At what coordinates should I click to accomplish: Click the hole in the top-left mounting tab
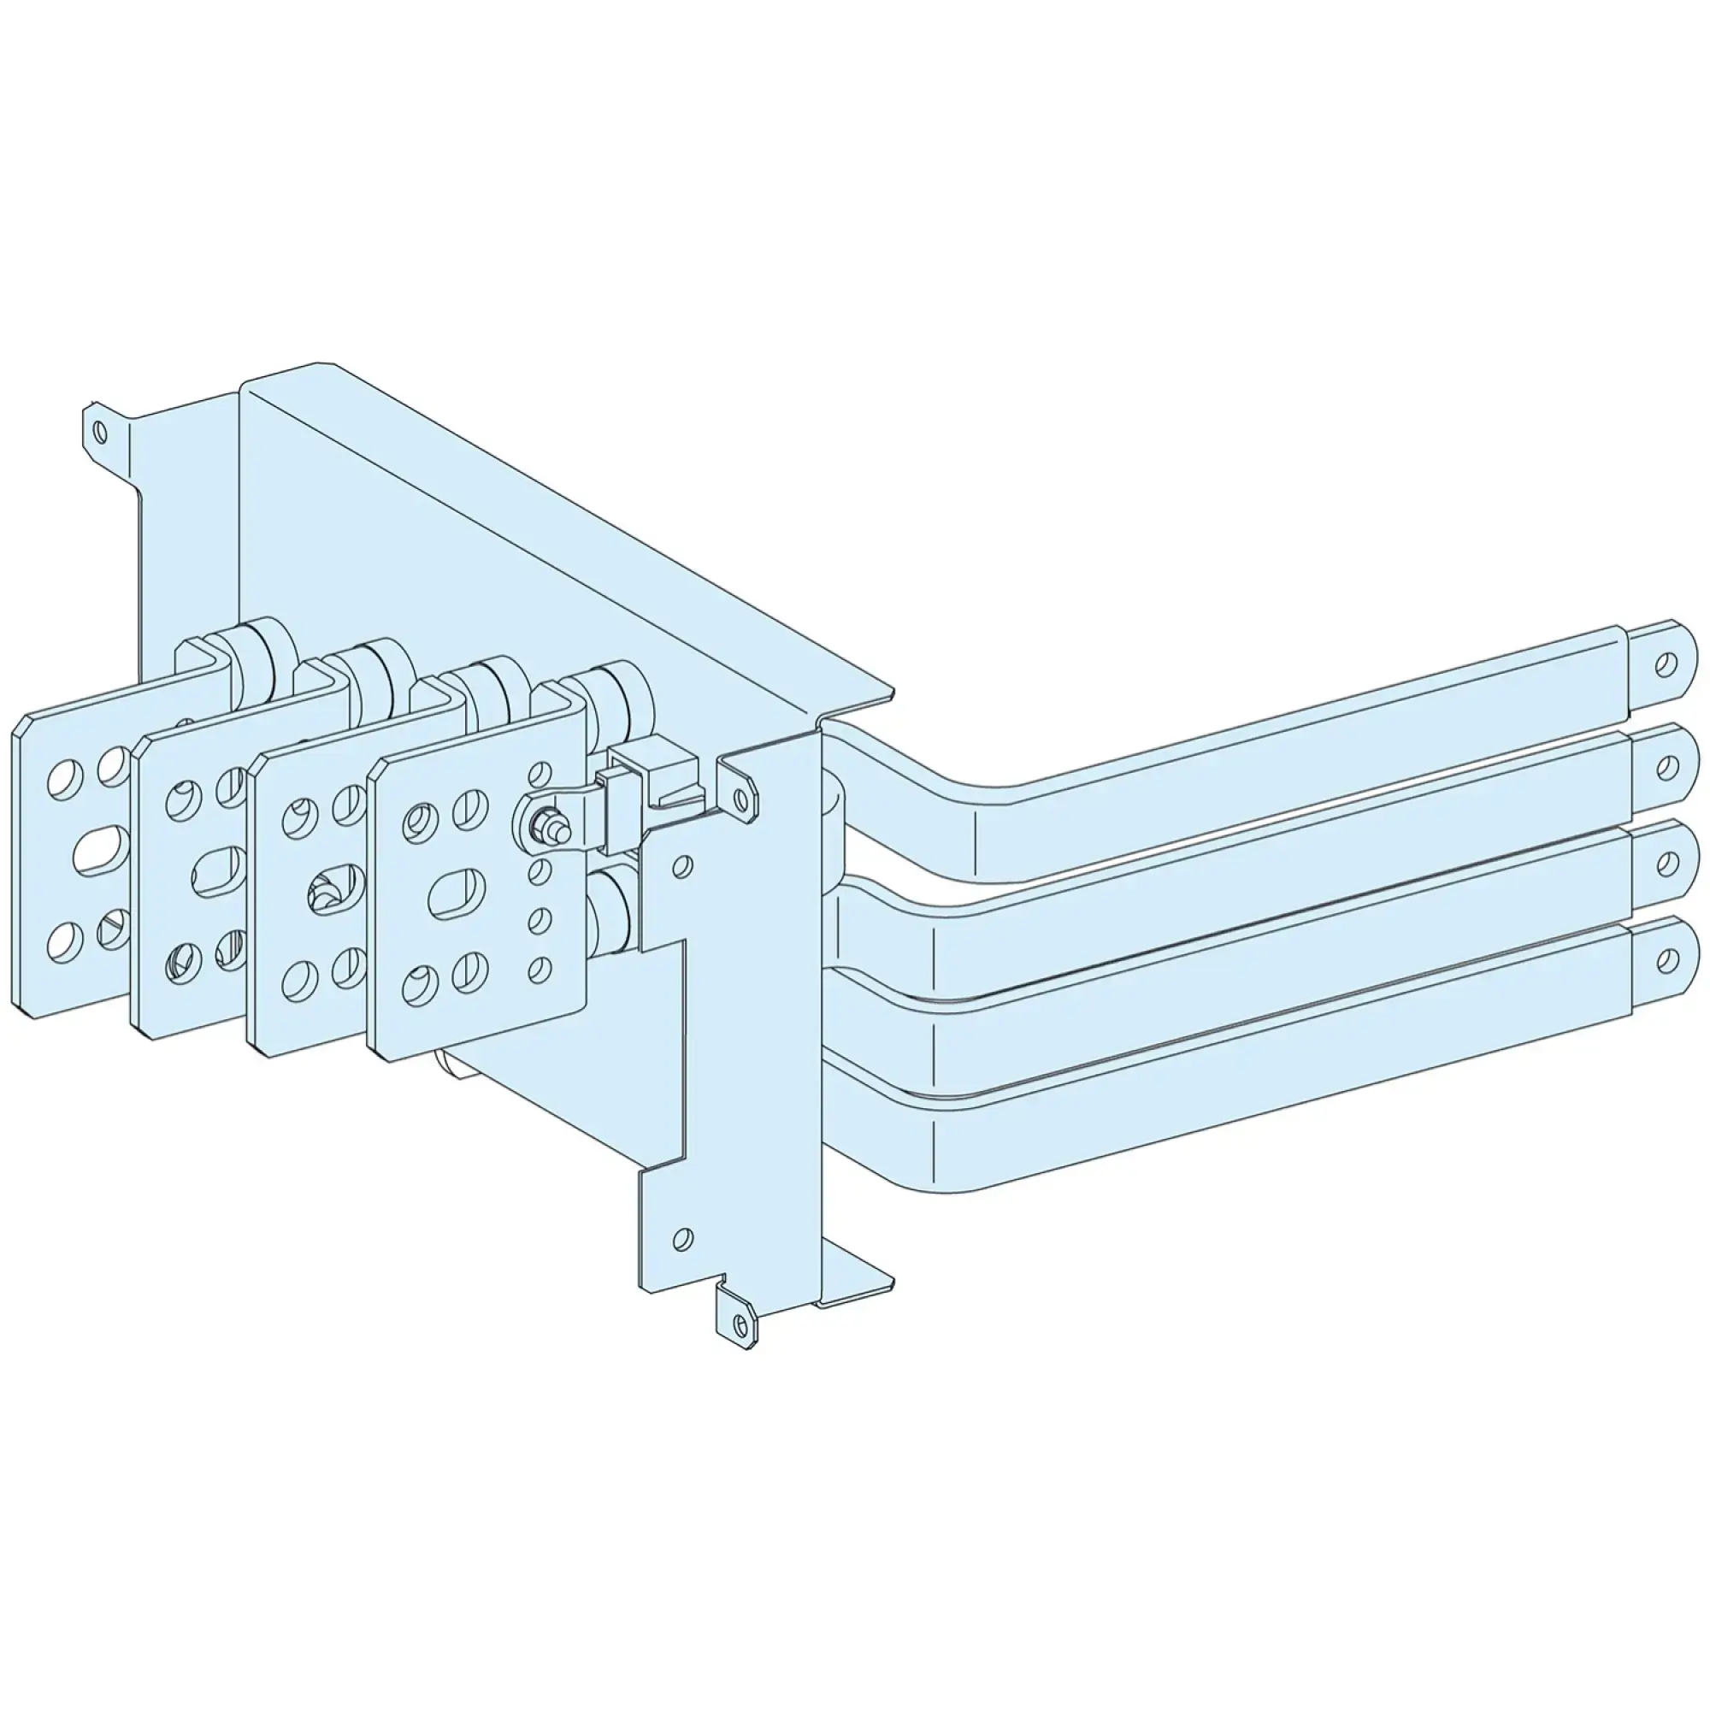tap(100, 432)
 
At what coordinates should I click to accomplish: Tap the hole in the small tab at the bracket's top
tap(740, 796)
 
